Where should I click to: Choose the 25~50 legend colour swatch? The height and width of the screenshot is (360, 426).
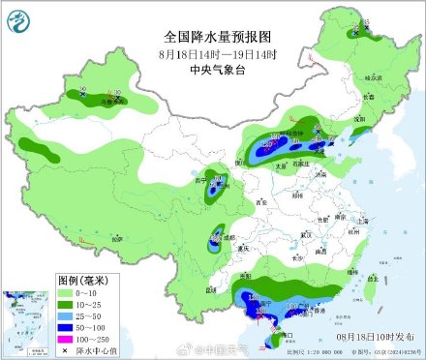point(64,315)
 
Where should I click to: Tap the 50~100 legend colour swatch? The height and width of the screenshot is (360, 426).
point(64,328)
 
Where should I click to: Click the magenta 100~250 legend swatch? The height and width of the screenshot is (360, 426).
point(64,341)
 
